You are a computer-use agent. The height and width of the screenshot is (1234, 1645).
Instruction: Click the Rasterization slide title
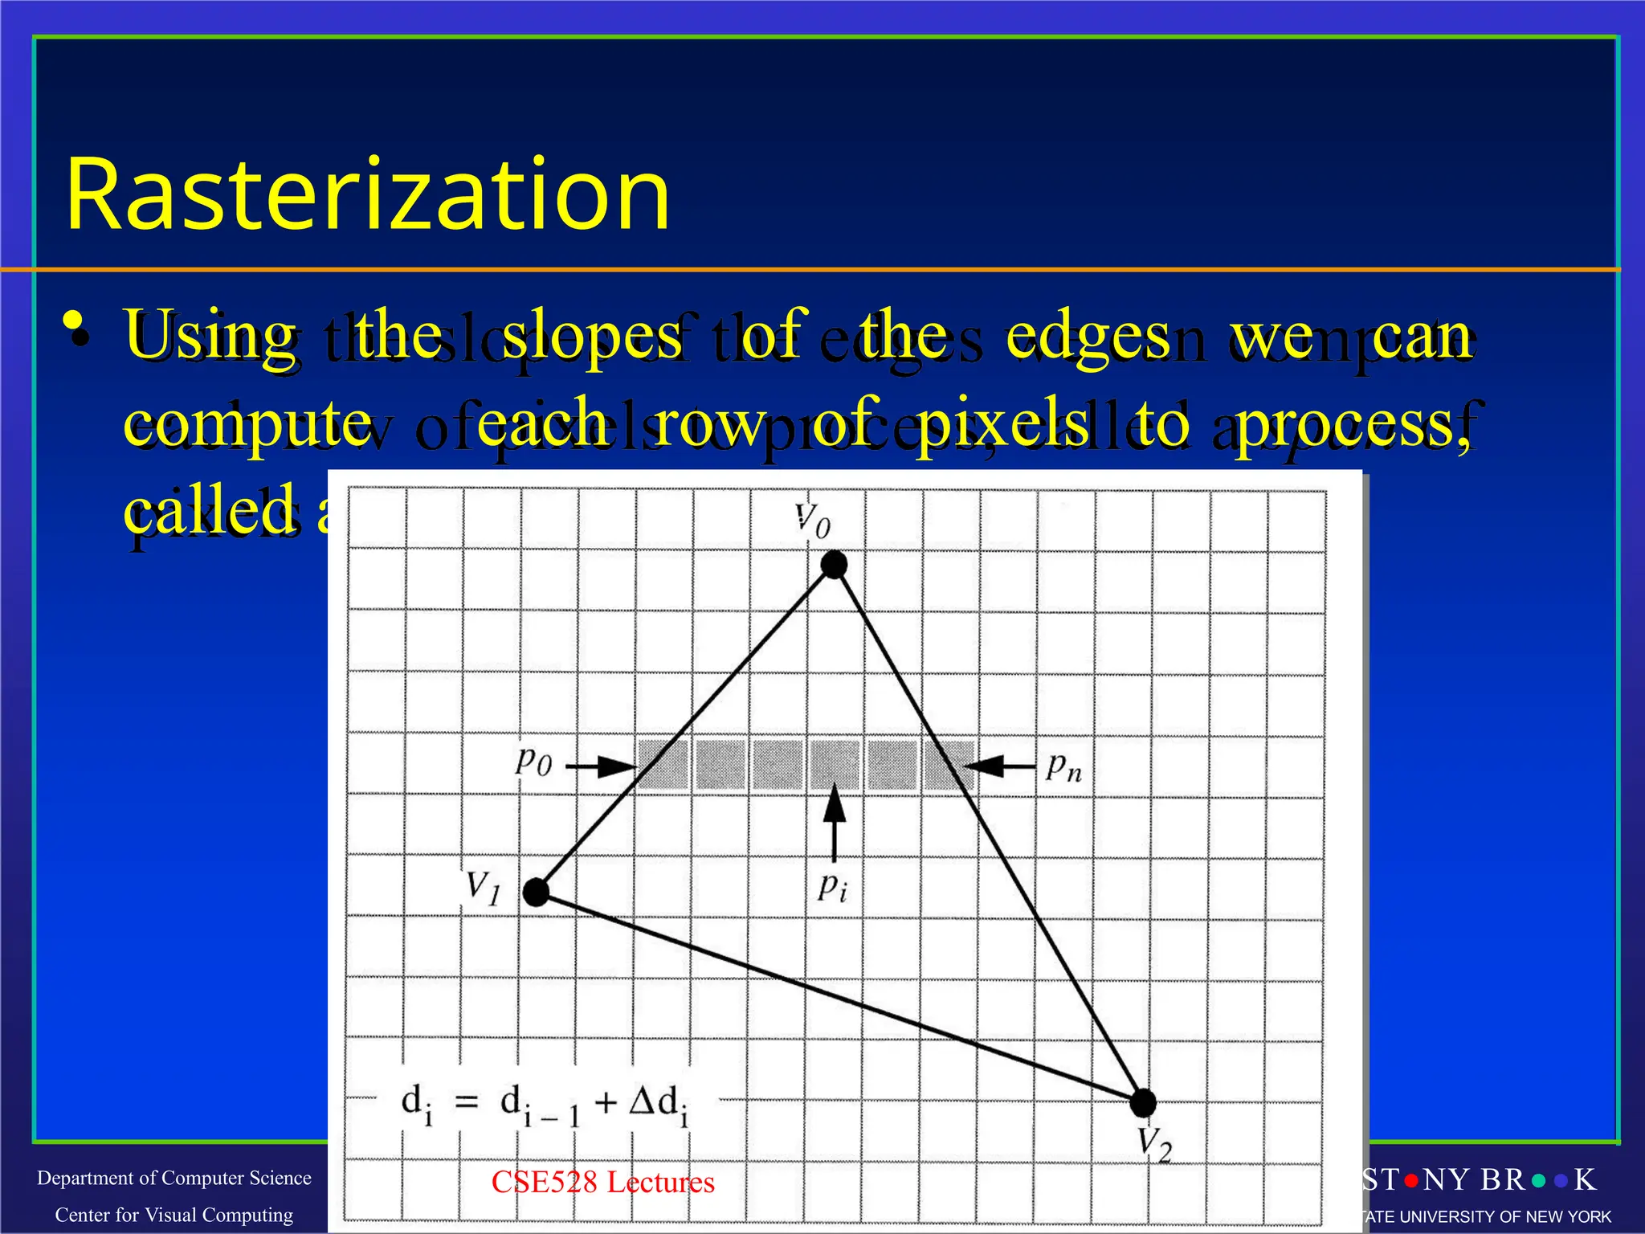368,195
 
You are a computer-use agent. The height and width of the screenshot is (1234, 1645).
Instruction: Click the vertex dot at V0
835,565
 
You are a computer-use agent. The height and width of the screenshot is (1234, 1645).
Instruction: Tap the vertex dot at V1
536,892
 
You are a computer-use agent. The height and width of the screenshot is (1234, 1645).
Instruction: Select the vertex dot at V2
1142,1103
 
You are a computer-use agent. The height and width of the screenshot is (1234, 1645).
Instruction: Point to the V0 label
812,521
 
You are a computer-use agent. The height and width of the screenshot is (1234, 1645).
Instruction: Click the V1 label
484,889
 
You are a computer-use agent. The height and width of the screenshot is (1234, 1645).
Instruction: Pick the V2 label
1155,1144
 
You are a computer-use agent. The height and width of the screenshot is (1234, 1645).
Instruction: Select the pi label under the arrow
832,887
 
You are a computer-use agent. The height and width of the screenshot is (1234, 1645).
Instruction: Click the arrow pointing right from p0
601,767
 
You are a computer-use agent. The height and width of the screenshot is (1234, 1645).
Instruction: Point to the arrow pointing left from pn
999,766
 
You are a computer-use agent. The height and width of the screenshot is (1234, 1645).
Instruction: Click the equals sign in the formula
467,1101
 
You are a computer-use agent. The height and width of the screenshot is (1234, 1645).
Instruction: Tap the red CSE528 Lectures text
602,1182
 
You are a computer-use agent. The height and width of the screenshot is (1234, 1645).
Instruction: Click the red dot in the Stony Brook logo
1411,1181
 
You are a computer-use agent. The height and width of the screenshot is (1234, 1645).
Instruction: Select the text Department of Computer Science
174,1178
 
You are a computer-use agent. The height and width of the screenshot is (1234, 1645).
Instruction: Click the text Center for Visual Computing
174,1215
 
